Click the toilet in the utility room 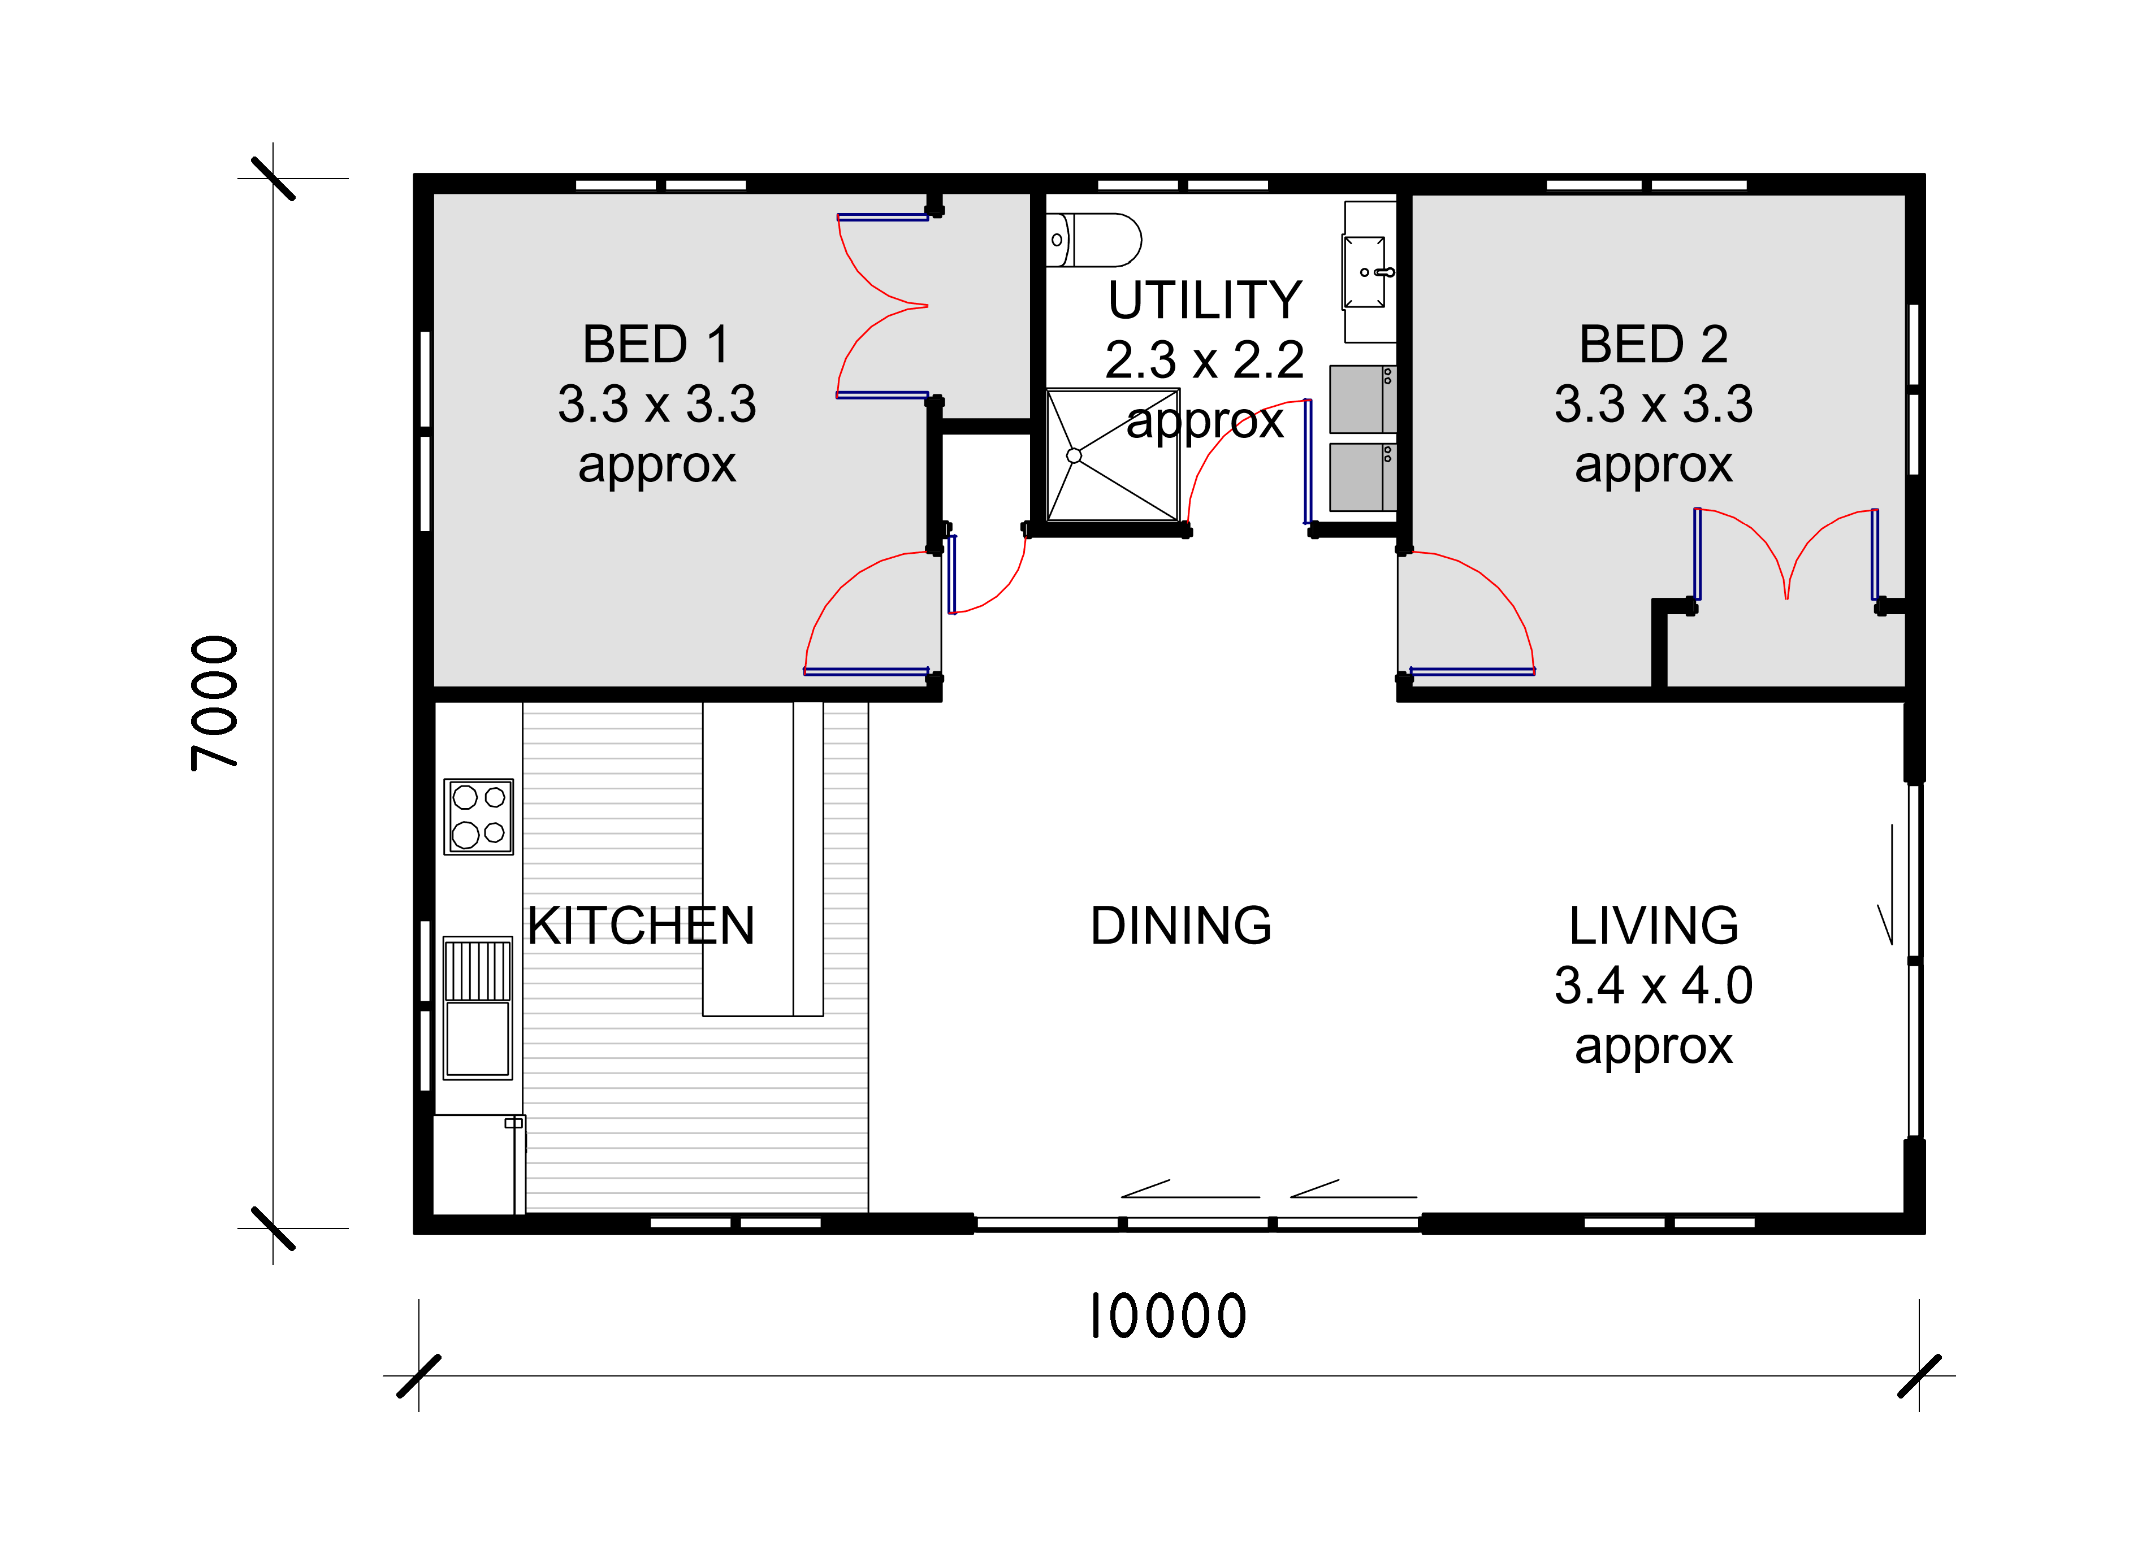[x=1093, y=240]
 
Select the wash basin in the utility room [x=1365, y=272]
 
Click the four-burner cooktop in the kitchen [x=479, y=817]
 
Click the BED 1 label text [x=657, y=344]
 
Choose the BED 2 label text [x=1653, y=344]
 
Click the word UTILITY [x=1205, y=300]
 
